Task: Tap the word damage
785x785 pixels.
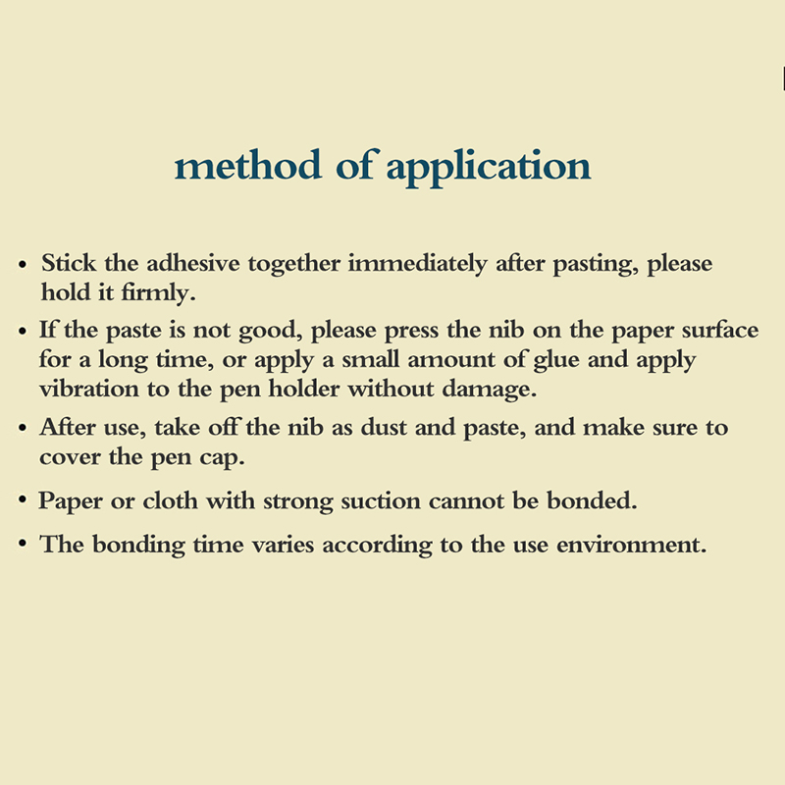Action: (x=494, y=388)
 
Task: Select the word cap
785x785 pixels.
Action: (x=235, y=457)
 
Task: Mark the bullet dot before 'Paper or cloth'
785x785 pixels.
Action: (x=23, y=501)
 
